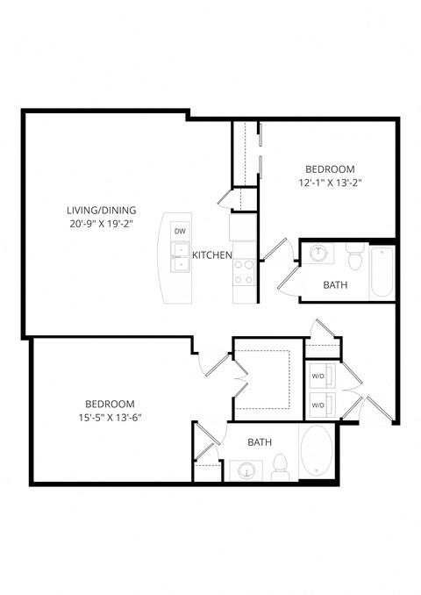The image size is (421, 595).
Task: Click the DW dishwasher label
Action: coord(180,232)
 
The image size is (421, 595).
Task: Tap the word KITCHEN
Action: coord(212,255)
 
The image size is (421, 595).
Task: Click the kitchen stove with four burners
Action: coord(243,271)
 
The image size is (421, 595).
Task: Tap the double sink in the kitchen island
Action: coord(180,262)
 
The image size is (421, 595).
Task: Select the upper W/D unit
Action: coord(318,376)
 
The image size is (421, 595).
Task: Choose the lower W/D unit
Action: coord(318,405)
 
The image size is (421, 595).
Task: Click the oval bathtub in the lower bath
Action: coord(316,452)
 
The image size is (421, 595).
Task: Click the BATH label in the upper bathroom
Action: coord(335,285)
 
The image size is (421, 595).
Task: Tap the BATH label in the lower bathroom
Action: coord(259,442)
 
